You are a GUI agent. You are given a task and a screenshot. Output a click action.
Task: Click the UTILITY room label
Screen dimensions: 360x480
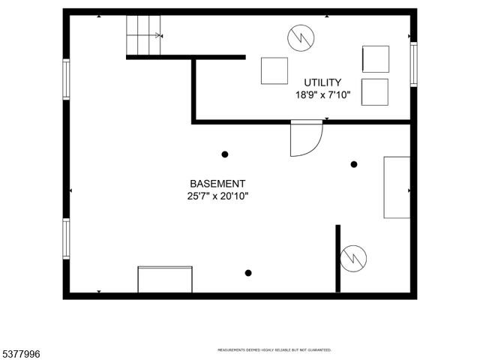click(x=322, y=82)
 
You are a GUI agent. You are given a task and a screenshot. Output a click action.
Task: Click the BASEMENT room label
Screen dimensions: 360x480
click(x=217, y=184)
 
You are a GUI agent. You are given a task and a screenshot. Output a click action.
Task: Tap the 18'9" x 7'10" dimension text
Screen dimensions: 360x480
click(x=322, y=95)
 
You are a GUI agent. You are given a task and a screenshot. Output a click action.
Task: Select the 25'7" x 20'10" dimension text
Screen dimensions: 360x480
click(x=217, y=196)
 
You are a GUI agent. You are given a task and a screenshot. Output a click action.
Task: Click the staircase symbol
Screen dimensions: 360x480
click(x=144, y=35)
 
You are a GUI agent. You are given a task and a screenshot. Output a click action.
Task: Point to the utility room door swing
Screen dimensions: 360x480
click(x=305, y=139)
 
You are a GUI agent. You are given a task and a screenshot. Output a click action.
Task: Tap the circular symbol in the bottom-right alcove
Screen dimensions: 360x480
click(x=353, y=259)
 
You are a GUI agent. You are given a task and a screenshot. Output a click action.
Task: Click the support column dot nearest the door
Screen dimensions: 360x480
click(x=224, y=154)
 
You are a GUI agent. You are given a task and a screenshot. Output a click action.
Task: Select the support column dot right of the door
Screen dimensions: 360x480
click(x=354, y=164)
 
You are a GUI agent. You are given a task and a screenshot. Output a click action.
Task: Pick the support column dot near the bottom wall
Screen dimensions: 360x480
click(x=248, y=273)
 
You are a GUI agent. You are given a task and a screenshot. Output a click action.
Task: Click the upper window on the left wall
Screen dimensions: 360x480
click(x=66, y=79)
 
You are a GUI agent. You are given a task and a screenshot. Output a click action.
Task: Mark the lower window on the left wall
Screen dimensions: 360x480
click(x=66, y=238)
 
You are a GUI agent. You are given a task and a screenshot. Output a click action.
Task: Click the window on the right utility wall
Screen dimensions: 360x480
click(x=413, y=64)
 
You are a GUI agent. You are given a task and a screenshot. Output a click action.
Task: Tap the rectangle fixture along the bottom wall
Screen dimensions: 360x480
click(x=165, y=279)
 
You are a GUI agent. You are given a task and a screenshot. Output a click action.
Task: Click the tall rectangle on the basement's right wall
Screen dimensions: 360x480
click(x=397, y=187)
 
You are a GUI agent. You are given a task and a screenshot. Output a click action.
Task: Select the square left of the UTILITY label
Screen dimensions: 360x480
click(x=274, y=70)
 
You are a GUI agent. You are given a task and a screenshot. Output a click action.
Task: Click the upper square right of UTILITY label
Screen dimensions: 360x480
click(x=375, y=59)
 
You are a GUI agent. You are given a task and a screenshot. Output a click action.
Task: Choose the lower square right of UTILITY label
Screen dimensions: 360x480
click(x=375, y=92)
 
